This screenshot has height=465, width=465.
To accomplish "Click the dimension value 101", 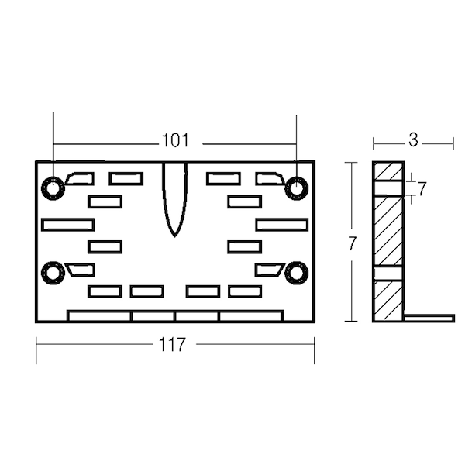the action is tap(175, 140).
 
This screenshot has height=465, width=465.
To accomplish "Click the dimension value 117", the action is tap(172, 344).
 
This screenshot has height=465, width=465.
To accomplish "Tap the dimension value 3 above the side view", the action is tap(413, 139).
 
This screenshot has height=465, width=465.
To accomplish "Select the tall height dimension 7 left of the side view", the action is tap(352, 244).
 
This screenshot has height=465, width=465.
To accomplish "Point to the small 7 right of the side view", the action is tap(422, 188).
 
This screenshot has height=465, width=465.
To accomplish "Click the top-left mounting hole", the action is tap(53, 188).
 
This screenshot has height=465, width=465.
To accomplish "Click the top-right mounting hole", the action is tap(296, 188).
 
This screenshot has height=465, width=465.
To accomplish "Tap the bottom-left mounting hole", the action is tap(53, 273).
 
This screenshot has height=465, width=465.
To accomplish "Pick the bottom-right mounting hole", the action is tap(296, 273).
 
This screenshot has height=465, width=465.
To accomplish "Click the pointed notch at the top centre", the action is tap(174, 198).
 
